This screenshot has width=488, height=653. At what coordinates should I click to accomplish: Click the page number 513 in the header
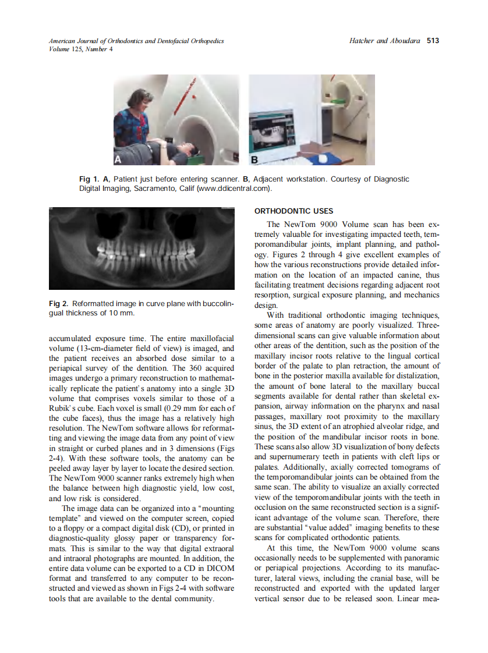433,41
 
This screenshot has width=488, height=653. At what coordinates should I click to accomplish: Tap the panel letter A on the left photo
118,158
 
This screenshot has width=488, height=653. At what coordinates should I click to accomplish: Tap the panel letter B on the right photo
254,158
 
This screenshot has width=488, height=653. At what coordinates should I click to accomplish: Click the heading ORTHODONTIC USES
294,211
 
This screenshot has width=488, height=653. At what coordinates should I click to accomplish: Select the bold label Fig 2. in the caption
58,304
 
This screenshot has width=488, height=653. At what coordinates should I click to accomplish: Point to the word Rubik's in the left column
62,407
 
